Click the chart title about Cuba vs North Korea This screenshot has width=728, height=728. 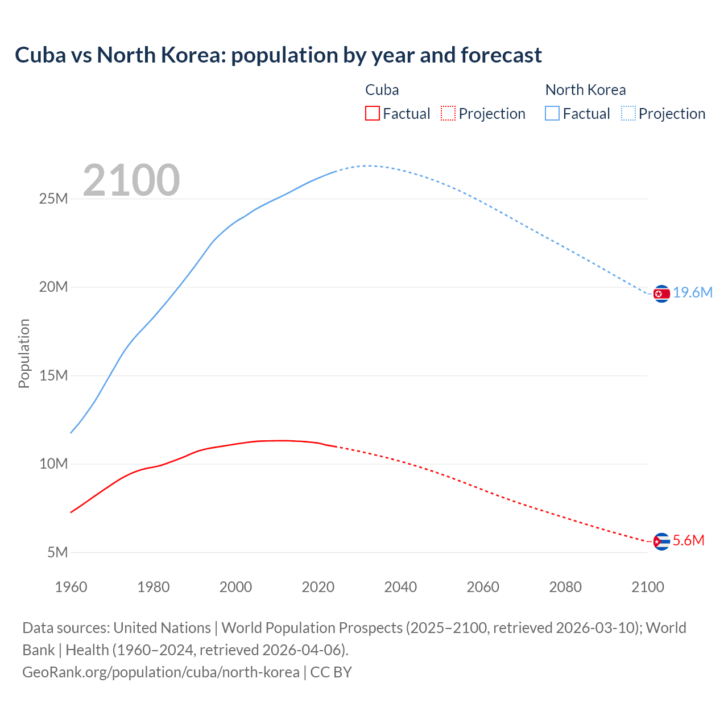(278, 55)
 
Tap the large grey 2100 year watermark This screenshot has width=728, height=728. (131, 180)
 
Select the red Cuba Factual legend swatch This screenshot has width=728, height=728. (372, 113)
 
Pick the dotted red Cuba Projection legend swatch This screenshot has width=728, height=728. (448, 113)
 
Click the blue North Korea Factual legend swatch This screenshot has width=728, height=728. (552, 113)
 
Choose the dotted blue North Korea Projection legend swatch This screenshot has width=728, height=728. (628, 113)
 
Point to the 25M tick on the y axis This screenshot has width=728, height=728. (53, 198)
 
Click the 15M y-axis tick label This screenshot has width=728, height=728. (53, 375)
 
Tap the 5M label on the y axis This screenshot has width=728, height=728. (57, 552)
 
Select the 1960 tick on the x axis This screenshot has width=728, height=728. (71, 587)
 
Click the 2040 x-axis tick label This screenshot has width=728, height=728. (400, 587)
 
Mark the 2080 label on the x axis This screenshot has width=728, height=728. (565, 587)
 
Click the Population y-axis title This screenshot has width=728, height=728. (24, 353)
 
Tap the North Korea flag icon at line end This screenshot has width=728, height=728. (661, 293)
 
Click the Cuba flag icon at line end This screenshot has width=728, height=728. (661, 541)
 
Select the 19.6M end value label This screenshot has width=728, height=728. (693, 293)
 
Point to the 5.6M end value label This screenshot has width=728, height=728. (689, 541)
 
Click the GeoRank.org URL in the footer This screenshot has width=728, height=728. (161, 672)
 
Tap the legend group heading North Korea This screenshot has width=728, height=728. (585, 90)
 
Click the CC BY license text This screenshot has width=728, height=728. (331, 672)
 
